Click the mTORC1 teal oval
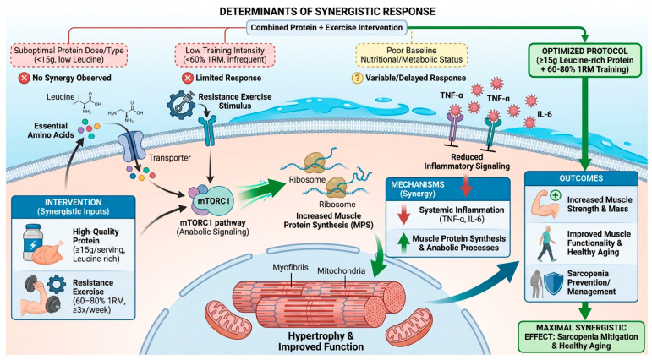point(213,201)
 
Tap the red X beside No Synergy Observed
point(25,78)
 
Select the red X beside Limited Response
point(188,78)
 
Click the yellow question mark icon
point(357,78)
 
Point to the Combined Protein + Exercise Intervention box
point(326,27)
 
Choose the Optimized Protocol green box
point(584,60)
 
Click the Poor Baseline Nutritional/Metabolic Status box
point(411,55)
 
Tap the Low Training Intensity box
point(225,55)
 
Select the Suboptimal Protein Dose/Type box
point(68,55)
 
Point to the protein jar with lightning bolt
point(33,242)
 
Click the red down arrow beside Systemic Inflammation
point(403,214)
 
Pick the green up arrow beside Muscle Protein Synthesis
point(403,243)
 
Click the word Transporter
point(170,158)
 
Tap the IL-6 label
point(544,114)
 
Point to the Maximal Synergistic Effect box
point(581,336)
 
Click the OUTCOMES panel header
point(581,178)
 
